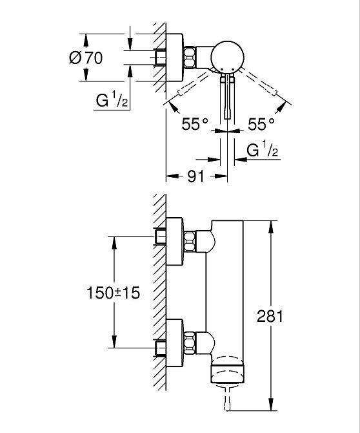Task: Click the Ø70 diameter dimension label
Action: [85, 58]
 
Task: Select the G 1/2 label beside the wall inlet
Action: [114, 101]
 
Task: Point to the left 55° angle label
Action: [195, 124]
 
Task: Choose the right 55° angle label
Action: [261, 124]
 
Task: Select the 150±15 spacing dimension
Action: [114, 292]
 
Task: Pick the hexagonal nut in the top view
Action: [190, 58]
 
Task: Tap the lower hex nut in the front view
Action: [190, 341]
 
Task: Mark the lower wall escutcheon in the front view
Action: [174, 341]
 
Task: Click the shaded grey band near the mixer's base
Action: [229, 374]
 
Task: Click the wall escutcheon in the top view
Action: [174, 58]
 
